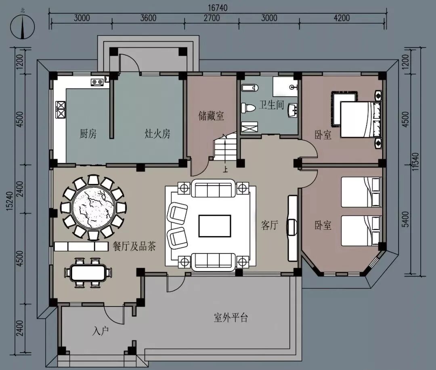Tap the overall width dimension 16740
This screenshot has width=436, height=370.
pyautogui.click(x=217, y=8)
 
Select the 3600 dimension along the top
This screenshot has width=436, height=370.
pyautogui.click(x=148, y=18)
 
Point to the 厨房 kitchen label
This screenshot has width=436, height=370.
pyautogui.click(x=88, y=134)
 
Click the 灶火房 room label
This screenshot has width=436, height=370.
pyautogui.click(x=157, y=134)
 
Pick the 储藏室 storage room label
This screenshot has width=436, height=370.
pyautogui.click(x=211, y=116)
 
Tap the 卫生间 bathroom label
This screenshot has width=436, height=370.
pyautogui.click(x=271, y=105)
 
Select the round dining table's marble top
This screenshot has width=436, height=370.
pyautogui.click(x=93, y=207)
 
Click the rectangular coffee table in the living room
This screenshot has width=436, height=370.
pyautogui.click(x=214, y=226)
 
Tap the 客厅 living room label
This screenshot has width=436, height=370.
pyautogui.click(x=269, y=225)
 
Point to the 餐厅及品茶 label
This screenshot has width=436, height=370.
pyautogui.click(x=134, y=246)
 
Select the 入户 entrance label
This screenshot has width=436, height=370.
pyautogui.click(x=101, y=331)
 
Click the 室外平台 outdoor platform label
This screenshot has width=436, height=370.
pyautogui.click(x=231, y=317)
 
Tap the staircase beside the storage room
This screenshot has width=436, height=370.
pyautogui.click(x=225, y=148)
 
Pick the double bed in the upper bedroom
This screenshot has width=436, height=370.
pyautogui.click(x=361, y=119)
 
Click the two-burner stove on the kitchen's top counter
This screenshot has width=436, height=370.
pyautogui.click(x=97, y=82)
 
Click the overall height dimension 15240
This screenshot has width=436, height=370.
pyautogui.click(x=9, y=201)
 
